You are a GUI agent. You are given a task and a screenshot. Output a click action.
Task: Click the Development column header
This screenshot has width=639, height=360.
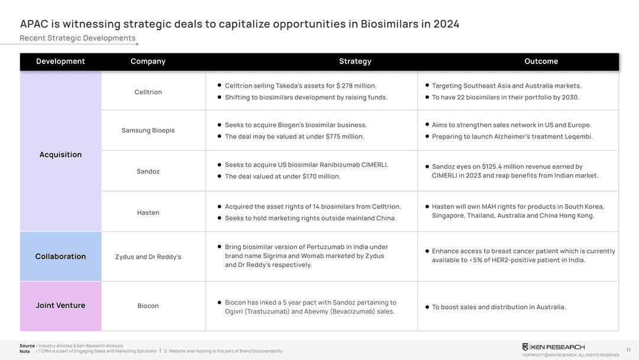point(60,62)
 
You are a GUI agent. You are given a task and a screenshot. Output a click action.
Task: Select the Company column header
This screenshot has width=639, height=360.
point(148,62)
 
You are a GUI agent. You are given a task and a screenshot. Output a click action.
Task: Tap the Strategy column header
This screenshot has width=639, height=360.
point(355,62)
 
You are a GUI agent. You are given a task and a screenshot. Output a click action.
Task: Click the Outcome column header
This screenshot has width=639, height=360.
point(541,62)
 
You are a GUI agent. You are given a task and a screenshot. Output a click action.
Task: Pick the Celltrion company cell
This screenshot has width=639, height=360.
point(148,92)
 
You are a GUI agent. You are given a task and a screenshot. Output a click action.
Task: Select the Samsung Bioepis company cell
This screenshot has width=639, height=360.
point(148,130)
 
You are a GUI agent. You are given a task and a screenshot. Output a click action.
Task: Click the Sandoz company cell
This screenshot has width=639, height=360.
point(148,171)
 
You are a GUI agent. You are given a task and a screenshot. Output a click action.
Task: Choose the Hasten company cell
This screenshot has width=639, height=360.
point(148,213)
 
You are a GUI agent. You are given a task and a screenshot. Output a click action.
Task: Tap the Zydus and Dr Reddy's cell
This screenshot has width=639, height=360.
point(148,257)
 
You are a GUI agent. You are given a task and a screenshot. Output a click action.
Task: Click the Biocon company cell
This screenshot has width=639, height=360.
point(148,306)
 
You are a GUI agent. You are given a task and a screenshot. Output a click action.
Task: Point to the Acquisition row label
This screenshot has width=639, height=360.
point(60,155)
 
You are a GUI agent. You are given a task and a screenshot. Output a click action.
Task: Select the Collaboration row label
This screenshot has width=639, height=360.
point(60,256)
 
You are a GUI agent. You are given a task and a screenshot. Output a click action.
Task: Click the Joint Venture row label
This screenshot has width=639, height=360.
point(60,306)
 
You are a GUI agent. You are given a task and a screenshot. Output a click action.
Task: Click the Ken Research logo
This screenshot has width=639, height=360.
point(553,347)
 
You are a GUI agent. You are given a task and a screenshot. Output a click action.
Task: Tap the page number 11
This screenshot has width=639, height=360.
point(628,350)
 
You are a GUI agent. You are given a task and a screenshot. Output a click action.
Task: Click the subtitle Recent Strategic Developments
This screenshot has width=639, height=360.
point(78,38)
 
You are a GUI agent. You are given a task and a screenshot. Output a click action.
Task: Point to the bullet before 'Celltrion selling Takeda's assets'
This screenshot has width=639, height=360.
point(220,85)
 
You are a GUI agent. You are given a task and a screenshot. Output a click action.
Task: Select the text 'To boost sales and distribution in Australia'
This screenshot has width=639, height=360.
point(499,307)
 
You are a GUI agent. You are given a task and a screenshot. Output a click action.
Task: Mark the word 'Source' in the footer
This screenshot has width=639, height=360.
point(27,346)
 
